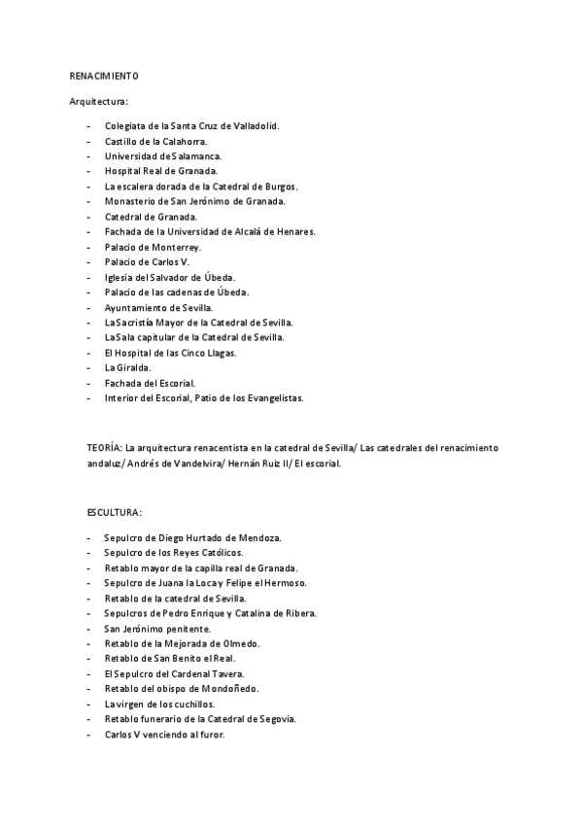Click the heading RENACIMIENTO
(104, 76)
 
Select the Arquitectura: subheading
(99, 101)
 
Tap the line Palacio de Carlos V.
(147, 262)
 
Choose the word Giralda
(133, 367)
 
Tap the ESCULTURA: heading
(115, 512)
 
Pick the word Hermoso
(285, 582)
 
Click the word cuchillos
(191, 704)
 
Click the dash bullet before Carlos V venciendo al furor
(89, 735)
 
